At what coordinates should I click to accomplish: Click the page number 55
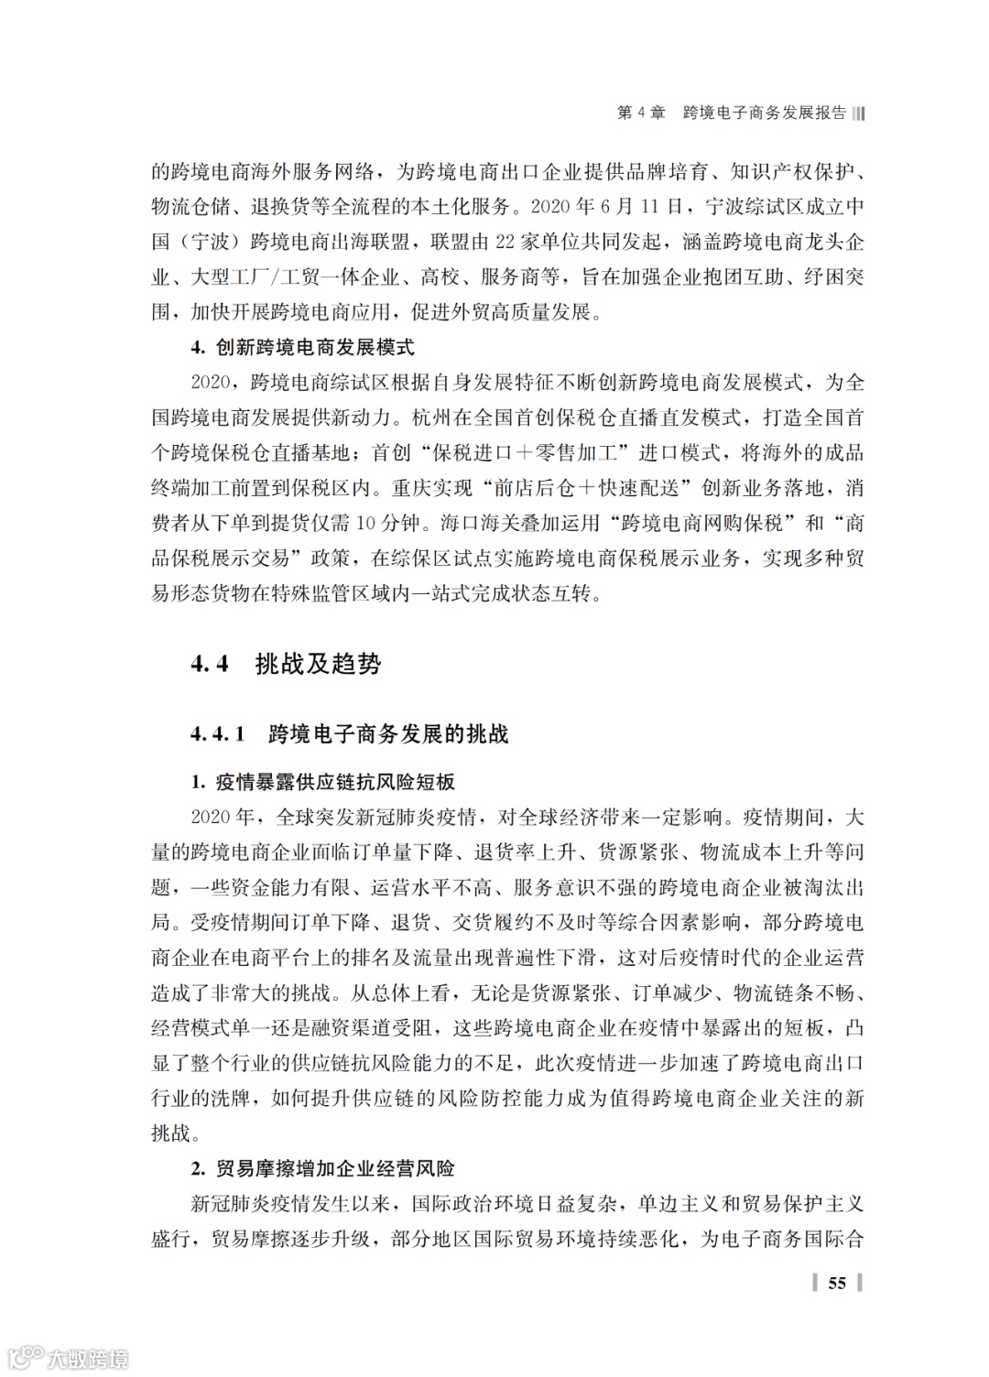click(x=837, y=1283)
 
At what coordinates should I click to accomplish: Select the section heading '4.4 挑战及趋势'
click(x=286, y=664)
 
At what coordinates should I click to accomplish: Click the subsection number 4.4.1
click(x=218, y=733)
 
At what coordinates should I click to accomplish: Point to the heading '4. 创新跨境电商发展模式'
click(x=302, y=348)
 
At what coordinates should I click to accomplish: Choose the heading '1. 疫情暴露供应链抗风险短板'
click(x=322, y=782)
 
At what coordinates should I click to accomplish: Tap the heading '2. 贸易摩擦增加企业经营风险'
click(x=322, y=1169)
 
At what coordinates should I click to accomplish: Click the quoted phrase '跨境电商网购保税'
click(x=701, y=524)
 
